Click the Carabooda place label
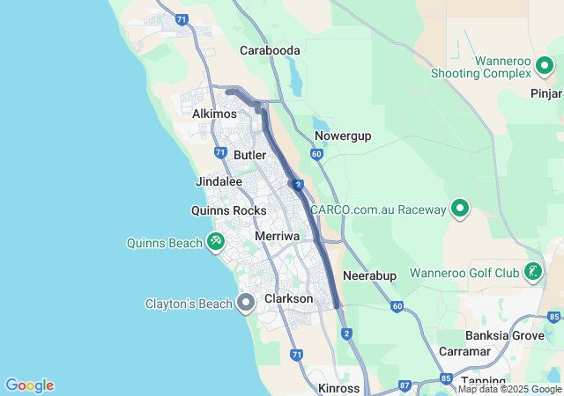point(270,50)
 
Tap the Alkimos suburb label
point(214,114)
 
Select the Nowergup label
point(343,136)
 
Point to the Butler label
point(249,155)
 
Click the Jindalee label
point(218,181)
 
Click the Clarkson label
point(288,298)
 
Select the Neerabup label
point(369,275)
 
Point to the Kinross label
point(339,388)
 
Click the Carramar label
point(464,351)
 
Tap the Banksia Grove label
point(505,334)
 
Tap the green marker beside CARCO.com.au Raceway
point(459,209)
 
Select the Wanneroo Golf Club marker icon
point(532,272)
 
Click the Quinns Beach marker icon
point(216,240)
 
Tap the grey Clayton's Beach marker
point(247,304)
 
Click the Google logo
point(29,385)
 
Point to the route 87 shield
point(404,385)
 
